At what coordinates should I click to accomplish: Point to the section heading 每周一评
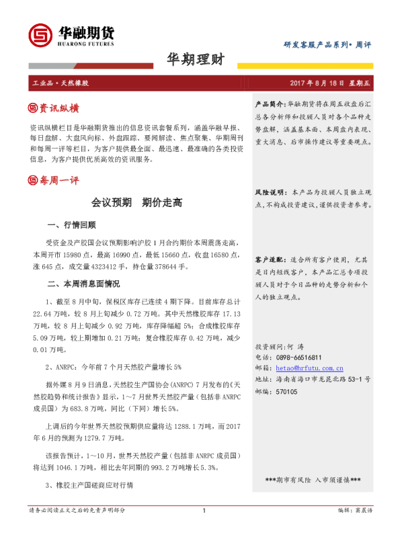[59, 179]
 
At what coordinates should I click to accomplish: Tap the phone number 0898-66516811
[298, 358]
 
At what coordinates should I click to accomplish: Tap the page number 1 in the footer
[203, 530]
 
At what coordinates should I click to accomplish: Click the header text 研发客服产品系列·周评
[327, 44]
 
